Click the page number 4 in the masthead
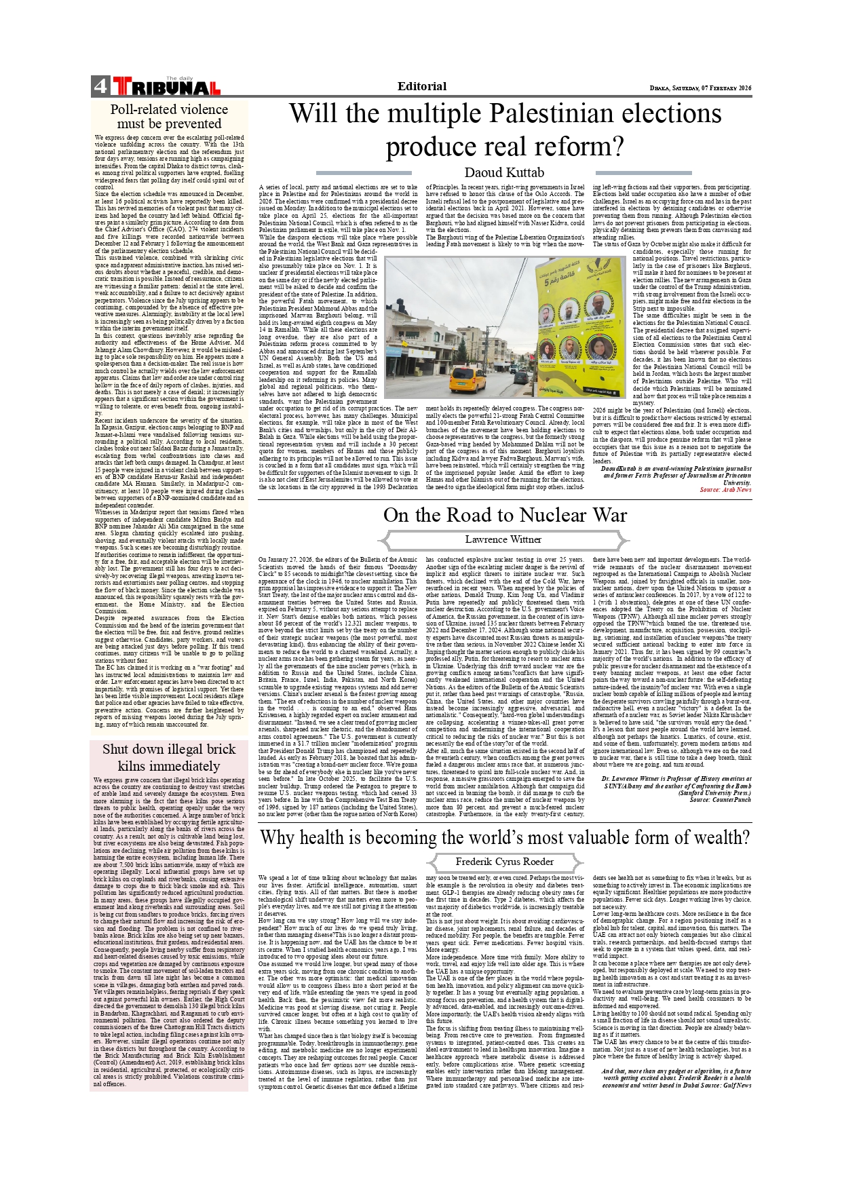100,86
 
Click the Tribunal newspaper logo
167,86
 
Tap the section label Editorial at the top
421,86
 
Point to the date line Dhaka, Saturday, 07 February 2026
700,88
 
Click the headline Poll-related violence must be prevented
169,116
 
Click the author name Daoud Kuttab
503,172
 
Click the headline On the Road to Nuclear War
504,515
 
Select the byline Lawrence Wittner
503,539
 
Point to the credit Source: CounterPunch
720,800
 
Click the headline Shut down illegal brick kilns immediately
169,757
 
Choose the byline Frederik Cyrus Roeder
504,862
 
